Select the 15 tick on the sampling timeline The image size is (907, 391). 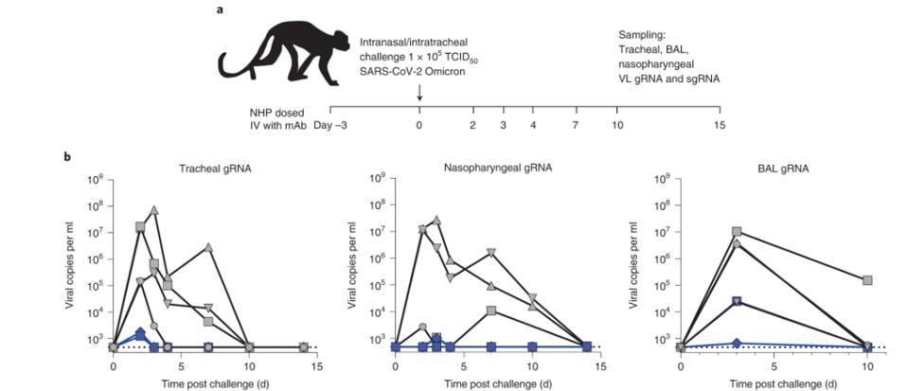point(720,125)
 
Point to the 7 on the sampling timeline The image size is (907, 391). point(575,125)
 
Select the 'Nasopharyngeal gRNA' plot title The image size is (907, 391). point(497,168)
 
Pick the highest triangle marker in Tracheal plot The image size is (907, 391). point(153,209)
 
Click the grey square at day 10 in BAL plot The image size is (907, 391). point(866,280)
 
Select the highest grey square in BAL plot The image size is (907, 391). point(736,231)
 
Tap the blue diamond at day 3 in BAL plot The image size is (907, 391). point(736,343)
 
